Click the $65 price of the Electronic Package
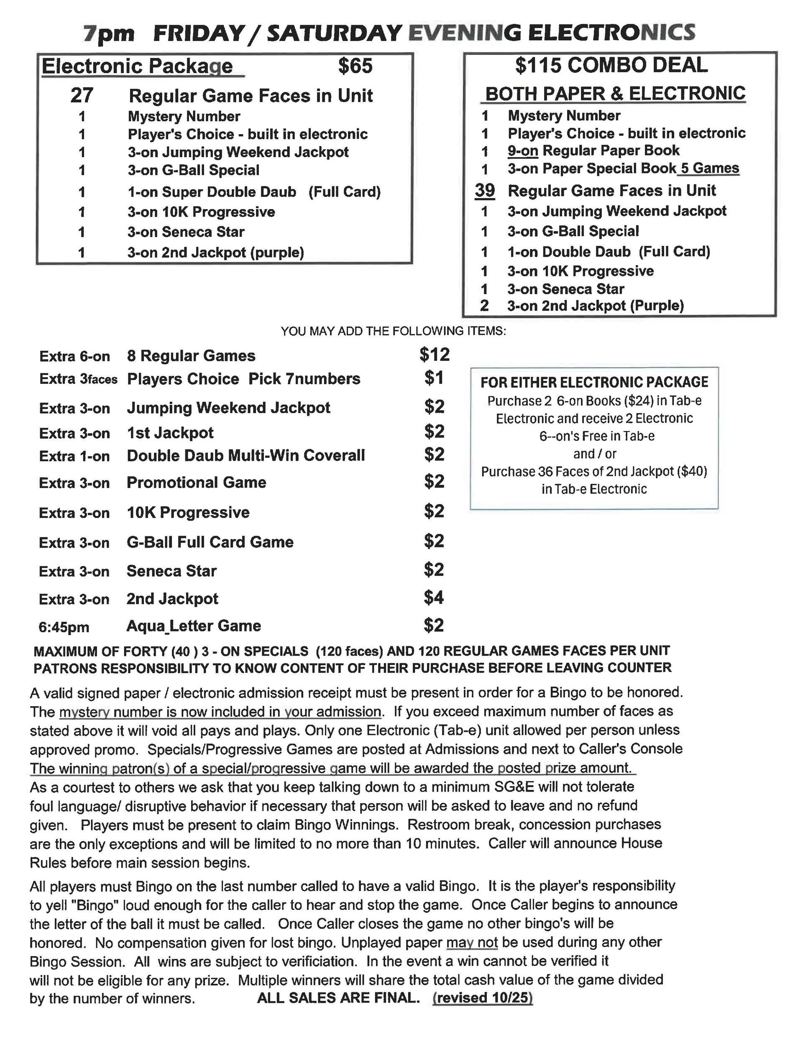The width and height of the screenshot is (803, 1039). pos(355,66)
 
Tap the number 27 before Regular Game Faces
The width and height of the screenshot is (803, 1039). pos(82,96)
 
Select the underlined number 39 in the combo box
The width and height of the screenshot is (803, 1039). pos(485,190)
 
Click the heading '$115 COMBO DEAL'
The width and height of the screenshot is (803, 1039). pos(611,65)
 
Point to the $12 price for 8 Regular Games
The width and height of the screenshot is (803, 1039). pos(434,355)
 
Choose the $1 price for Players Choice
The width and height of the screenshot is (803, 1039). pos(434,378)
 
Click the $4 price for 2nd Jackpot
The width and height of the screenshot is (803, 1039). pos(434,597)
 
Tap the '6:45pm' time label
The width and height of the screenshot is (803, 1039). pos(64,627)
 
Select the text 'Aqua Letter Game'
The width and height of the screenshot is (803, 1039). pos(193,625)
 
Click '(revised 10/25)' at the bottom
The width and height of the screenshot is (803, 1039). pos(482,998)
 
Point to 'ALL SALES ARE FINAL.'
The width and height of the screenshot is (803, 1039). pos(338,998)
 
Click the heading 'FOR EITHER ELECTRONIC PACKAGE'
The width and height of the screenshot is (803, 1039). pos(594,382)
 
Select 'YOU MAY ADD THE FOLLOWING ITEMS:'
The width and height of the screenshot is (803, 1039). pos(393,331)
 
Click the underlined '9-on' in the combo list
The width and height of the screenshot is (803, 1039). pos(522,151)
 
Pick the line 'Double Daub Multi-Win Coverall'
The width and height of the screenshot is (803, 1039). pos(246,455)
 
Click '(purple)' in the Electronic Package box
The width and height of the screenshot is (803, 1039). pos(276,252)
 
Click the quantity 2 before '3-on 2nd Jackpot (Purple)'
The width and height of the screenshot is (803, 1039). pos(484,305)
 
